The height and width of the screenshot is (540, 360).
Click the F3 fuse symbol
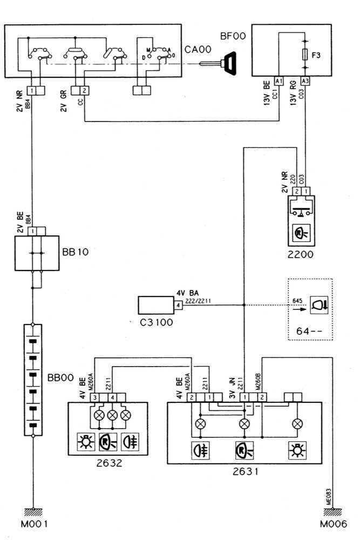[x=306, y=55]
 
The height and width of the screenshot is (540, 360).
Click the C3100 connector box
[x=155, y=305]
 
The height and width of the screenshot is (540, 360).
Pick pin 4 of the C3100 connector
[x=178, y=305]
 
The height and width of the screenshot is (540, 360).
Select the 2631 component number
[x=244, y=471]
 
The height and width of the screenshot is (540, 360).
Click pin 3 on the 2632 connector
[x=95, y=398]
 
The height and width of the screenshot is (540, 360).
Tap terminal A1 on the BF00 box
[x=279, y=81]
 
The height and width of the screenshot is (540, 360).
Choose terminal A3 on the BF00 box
[x=305, y=81]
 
